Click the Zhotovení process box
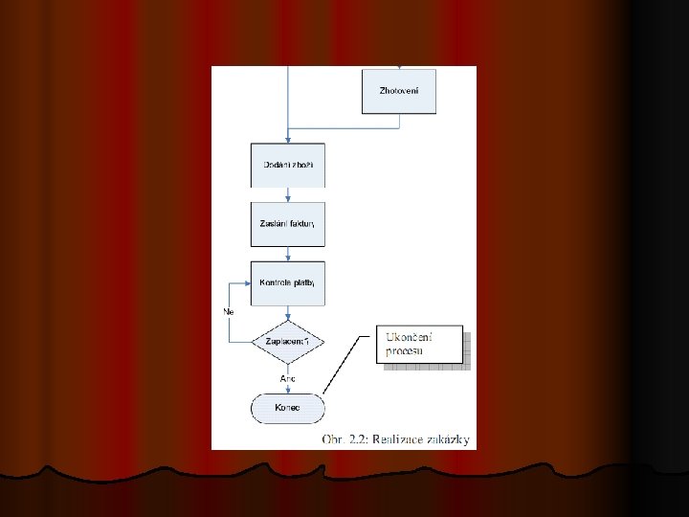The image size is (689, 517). pyautogui.click(x=399, y=91)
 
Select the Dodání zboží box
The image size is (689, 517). pyautogui.click(x=287, y=166)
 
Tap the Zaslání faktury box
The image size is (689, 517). pyautogui.click(x=287, y=224)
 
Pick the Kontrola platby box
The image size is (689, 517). pyautogui.click(x=287, y=282)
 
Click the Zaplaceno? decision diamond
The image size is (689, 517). pyautogui.click(x=287, y=341)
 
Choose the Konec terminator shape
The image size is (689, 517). pyautogui.click(x=287, y=408)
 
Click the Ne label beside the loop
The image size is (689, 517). pyautogui.click(x=229, y=312)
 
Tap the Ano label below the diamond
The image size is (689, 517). pyautogui.click(x=287, y=379)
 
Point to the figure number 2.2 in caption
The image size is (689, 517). pyautogui.click(x=356, y=439)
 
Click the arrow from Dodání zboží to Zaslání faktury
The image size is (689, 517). pyautogui.click(x=287, y=194)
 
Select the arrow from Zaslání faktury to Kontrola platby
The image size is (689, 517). pyautogui.click(x=287, y=253)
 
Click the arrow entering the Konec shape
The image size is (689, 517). pyautogui.click(x=287, y=389)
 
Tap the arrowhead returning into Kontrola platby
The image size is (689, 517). pyautogui.click(x=246, y=283)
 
